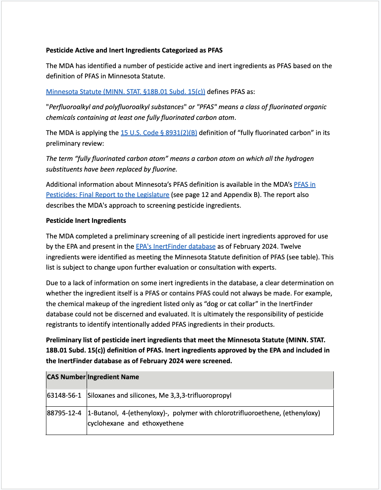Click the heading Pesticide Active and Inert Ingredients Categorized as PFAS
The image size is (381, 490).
[x=134, y=50]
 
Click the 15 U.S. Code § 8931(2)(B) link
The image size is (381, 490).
[x=158, y=133]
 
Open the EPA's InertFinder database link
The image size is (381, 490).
[x=175, y=246]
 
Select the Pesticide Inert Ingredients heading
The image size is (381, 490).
[x=86, y=220]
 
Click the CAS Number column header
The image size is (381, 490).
[x=66, y=377]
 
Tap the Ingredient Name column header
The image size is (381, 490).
[x=113, y=377]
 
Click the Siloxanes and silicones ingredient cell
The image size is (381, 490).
[x=159, y=396]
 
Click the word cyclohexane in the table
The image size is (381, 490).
[x=106, y=423]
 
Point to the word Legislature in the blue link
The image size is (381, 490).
[x=149, y=195]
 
